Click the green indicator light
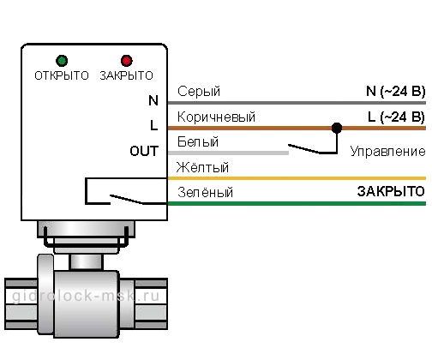pos(62,61)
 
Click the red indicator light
pos(127,61)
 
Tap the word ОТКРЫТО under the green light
pos(62,75)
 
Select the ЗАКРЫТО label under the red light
pos(127,75)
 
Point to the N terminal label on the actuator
pos(153,100)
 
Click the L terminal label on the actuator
pos(154,125)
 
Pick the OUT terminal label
pos(144,151)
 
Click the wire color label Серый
pos(199,92)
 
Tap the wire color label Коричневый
pos(216,117)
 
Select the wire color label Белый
pos(198,141)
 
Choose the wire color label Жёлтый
pos(202,167)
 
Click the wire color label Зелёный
pos(205,192)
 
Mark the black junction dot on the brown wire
pos(337,128)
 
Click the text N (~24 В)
pos(396,92)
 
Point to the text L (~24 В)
pos(397,117)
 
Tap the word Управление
pos(388,151)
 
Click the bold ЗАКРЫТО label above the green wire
pos(391,191)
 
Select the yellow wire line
pos(297,178)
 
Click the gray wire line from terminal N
pos(297,103)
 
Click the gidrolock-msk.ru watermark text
pos(86,296)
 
